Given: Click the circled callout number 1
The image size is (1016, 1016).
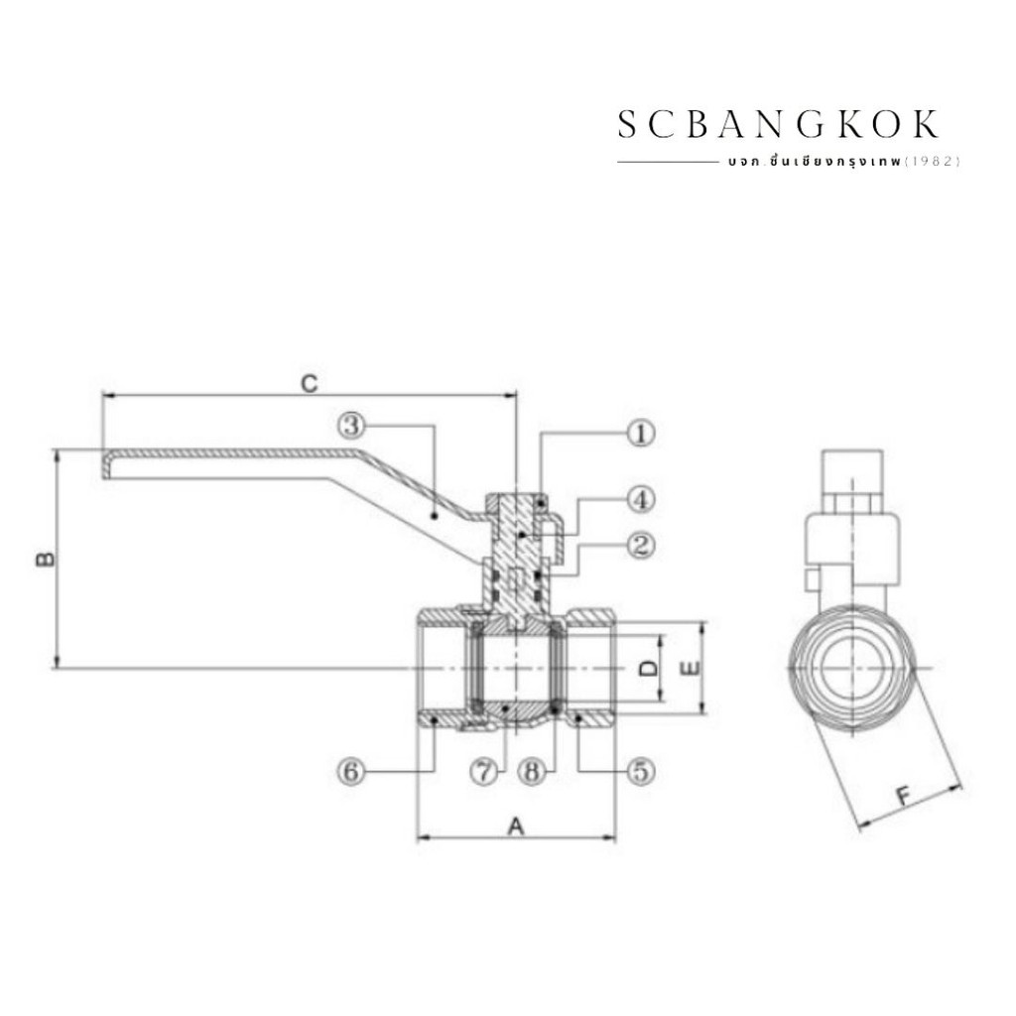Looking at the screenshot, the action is click(x=640, y=433).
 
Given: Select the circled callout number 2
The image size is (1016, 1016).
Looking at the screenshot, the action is click(x=640, y=545).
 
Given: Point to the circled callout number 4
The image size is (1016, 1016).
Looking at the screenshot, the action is click(x=640, y=500).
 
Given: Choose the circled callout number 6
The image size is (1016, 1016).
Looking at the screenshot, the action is click(x=351, y=771).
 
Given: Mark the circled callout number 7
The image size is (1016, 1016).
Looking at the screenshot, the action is click(x=484, y=771).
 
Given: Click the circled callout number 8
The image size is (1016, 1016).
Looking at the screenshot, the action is click(x=532, y=771).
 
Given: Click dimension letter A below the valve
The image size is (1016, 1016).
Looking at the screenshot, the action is click(x=515, y=826).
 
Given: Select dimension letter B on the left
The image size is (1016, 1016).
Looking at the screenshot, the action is click(x=45, y=559).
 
